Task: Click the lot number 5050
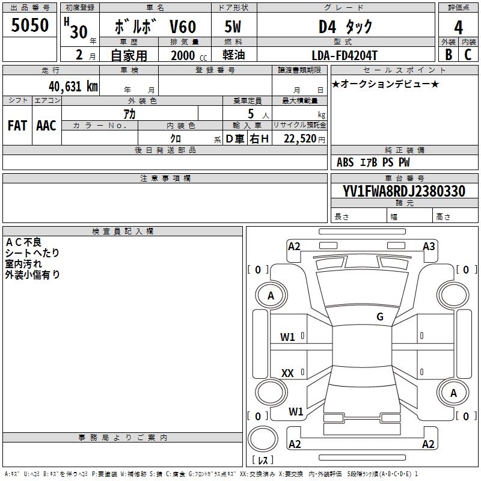click(x=30, y=25)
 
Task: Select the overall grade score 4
click(x=459, y=27)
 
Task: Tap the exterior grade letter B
click(x=449, y=54)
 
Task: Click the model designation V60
click(x=182, y=27)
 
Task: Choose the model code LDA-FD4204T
click(x=345, y=55)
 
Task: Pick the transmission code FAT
click(x=17, y=126)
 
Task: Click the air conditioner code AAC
click(x=46, y=126)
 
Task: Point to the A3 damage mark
click(x=429, y=246)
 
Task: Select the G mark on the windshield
click(x=380, y=317)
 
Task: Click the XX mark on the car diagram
click(x=288, y=373)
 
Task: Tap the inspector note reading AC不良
click(x=23, y=242)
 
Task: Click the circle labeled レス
click(x=263, y=440)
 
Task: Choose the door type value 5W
click(x=233, y=27)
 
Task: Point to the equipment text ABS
click(x=345, y=162)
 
